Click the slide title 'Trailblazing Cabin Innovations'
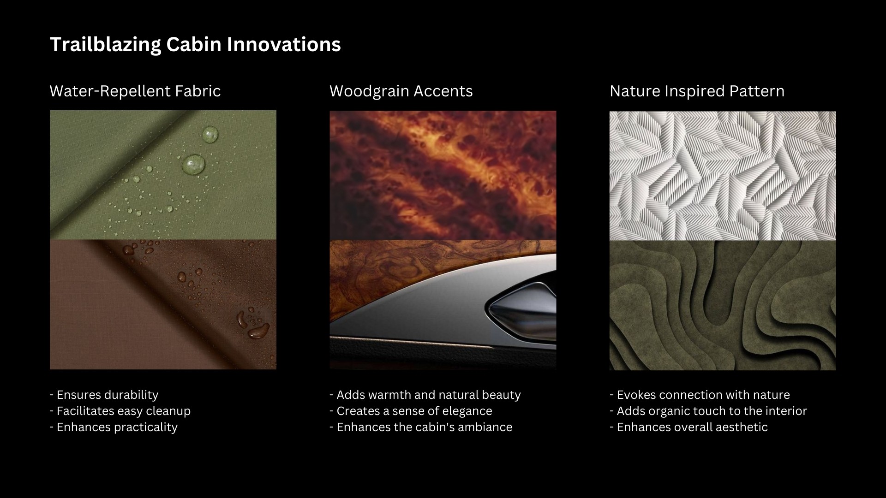[195, 45]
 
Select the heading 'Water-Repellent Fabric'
[135, 91]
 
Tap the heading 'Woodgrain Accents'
[401, 91]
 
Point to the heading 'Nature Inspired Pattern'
[697, 91]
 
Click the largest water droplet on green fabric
[194, 164]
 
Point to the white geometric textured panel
[723, 176]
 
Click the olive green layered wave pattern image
[723, 305]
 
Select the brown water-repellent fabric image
[163, 305]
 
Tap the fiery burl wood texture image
[443, 176]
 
